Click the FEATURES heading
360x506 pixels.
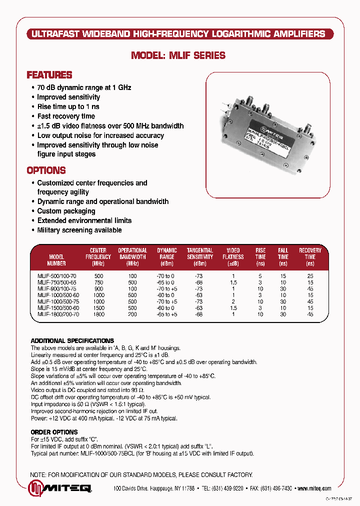click(x=49, y=75)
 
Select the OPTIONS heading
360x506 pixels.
click(x=46, y=170)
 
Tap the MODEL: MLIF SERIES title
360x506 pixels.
click(x=178, y=55)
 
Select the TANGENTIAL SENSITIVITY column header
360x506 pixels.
click(x=199, y=256)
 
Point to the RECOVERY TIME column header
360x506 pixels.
click(x=310, y=256)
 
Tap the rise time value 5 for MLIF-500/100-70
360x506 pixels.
click(x=260, y=276)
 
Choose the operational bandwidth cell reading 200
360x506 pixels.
click(x=132, y=314)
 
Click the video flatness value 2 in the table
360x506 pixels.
click(x=233, y=301)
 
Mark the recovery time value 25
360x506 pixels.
click(x=310, y=276)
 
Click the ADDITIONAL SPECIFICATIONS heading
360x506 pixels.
click(x=72, y=340)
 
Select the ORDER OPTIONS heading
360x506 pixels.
click(x=54, y=432)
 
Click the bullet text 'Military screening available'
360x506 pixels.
click(x=79, y=230)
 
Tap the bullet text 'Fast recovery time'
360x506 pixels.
click(x=66, y=116)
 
